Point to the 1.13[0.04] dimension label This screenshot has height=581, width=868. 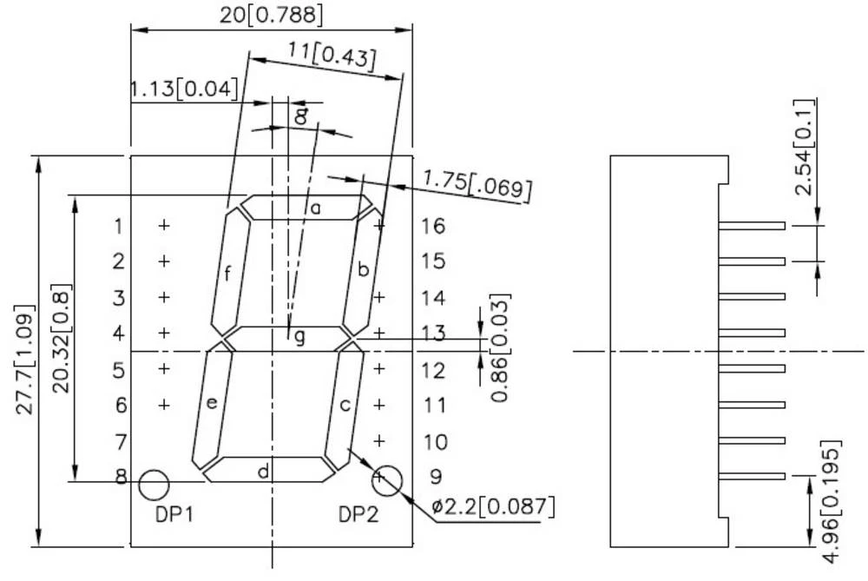183,89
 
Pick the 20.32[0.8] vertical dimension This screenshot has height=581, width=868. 61,339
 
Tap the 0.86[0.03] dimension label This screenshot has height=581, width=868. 501,347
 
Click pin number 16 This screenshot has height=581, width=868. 433,227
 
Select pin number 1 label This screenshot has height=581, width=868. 119,227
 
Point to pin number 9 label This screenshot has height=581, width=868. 436,476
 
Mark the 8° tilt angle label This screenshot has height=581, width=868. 299,117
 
